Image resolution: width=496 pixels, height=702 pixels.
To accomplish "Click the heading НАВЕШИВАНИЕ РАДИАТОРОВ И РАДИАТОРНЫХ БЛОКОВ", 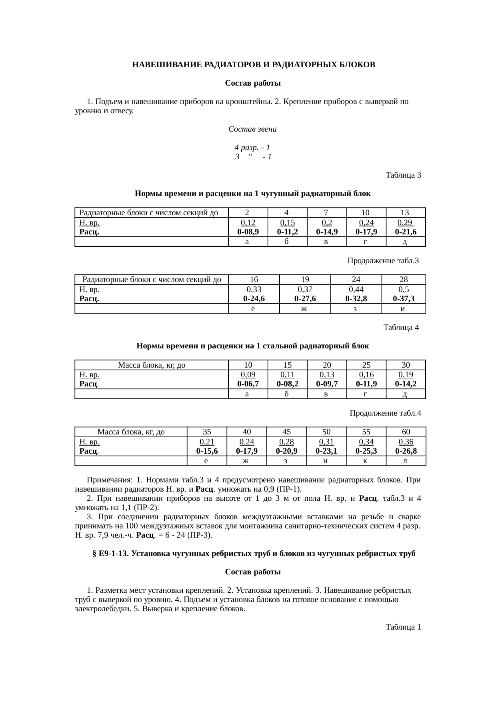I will click(x=254, y=65).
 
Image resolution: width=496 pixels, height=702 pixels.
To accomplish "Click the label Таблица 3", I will click(x=403, y=175).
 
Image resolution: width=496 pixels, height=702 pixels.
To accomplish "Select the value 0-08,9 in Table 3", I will click(x=248, y=232).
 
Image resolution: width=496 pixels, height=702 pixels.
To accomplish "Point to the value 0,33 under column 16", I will click(x=254, y=289).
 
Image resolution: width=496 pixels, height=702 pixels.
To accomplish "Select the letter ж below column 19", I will click(x=305, y=309).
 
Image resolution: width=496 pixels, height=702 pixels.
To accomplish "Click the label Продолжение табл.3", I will click(x=383, y=261).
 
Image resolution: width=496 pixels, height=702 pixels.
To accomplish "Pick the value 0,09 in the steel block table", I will click(x=248, y=375).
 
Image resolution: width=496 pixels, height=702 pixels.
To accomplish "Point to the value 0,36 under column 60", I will click(x=406, y=442).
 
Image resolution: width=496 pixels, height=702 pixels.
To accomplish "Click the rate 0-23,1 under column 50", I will click(x=326, y=451).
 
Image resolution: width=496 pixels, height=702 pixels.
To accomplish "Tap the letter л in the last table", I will click(x=406, y=461).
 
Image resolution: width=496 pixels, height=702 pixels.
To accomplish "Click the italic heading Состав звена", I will click(x=252, y=130).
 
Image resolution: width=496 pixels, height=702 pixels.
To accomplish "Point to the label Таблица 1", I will click(x=403, y=627).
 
